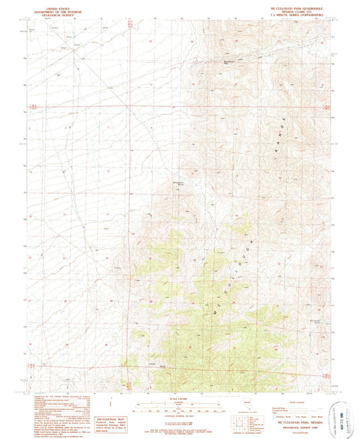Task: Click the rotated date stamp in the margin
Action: point(335,409)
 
